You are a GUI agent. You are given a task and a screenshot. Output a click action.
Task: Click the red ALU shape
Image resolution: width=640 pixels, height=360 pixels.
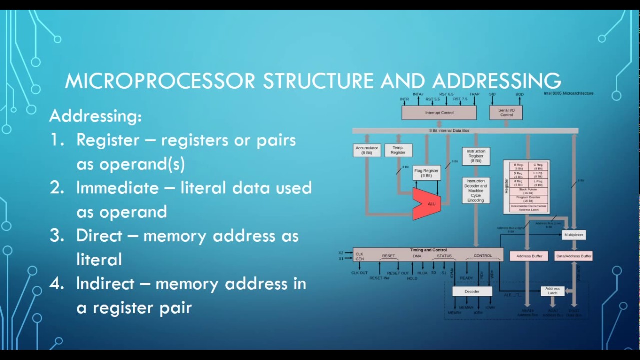click(x=427, y=204)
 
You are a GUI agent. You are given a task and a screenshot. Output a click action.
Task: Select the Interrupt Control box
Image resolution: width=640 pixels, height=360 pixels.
click(x=439, y=113)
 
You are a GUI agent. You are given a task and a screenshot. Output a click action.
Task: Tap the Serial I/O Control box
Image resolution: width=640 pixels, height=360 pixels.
click(x=506, y=113)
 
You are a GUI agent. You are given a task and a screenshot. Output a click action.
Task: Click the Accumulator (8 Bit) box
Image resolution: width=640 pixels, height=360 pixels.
click(x=367, y=150)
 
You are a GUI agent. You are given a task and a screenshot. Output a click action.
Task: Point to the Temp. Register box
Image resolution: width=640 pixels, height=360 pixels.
click(x=398, y=150)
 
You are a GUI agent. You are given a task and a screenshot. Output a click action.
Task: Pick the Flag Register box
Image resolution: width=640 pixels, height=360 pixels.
click(x=426, y=173)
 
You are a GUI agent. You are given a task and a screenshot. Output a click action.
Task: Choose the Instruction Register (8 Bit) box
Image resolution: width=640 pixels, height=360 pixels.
click(x=476, y=156)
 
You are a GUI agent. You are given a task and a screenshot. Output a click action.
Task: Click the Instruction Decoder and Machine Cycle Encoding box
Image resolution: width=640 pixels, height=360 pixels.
click(x=476, y=190)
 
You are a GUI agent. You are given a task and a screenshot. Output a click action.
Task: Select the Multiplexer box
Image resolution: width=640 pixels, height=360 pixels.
click(x=573, y=234)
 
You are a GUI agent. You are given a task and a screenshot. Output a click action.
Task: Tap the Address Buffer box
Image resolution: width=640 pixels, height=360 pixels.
click(x=529, y=256)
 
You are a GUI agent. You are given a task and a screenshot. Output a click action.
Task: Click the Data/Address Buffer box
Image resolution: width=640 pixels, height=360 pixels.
click(x=573, y=256)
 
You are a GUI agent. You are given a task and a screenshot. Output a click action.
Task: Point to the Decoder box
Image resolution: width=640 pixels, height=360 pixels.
click(x=472, y=291)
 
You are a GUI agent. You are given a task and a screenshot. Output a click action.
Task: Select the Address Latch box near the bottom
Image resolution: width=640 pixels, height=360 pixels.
click(x=552, y=291)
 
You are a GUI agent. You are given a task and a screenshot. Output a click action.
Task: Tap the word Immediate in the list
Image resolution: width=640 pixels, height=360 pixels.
click(x=117, y=188)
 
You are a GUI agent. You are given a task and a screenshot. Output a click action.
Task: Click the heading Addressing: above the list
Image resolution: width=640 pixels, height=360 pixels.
click(x=95, y=116)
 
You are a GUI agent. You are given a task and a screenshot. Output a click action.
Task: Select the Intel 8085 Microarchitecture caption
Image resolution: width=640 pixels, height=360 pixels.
click(x=568, y=93)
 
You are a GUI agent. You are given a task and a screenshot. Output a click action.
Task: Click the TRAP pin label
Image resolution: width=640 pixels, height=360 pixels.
click(x=474, y=94)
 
